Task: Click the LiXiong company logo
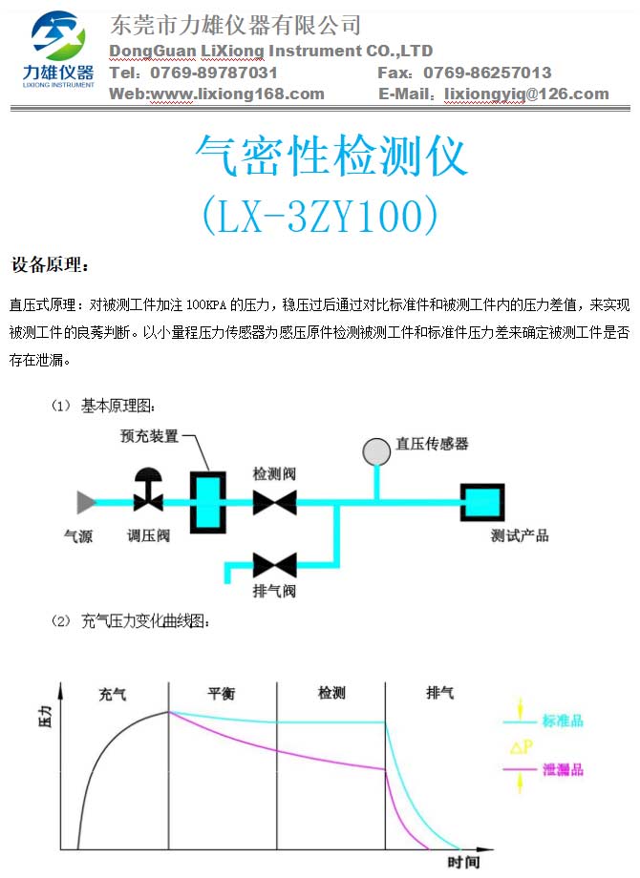[x=57, y=50]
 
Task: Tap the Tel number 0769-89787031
[x=214, y=73]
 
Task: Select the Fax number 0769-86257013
[x=487, y=73]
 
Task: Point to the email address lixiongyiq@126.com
[x=526, y=94]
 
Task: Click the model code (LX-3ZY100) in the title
[x=320, y=215]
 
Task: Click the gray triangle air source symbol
[x=86, y=502]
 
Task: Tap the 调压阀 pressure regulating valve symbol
[x=148, y=490]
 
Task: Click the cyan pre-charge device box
[x=208, y=502]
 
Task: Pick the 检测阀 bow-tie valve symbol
[x=274, y=502]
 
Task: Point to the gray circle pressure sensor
[x=376, y=451]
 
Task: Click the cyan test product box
[x=482, y=502]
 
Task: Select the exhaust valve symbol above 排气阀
[x=274, y=565]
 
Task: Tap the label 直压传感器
[x=432, y=444]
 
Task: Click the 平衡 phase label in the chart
[x=222, y=694]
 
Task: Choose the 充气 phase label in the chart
[x=113, y=695]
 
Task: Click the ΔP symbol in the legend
[x=521, y=746]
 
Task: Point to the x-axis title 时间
[x=463, y=863]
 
